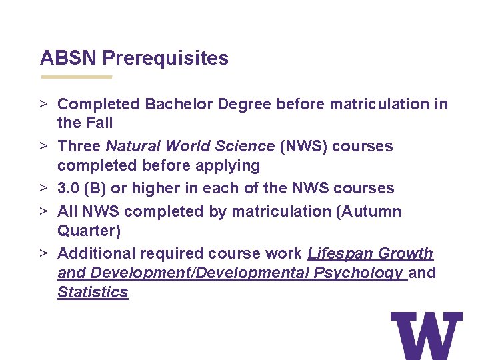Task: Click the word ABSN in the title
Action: pyautogui.click(x=69, y=58)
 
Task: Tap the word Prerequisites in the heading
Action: pyautogui.click(x=165, y=59)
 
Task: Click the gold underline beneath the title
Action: pyautogui.click(x=76, y=77)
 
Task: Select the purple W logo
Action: pyautogui.click(x=427, y=336)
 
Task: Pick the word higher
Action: pyautogui.click(x=155, y=188)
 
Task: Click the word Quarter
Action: pyautogui.click(x=86, y=230)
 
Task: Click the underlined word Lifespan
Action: pyautogui.click(x=341, y=253)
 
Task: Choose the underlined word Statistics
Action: pyautogui.click(x=93, y=292)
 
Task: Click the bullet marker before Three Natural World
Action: pyautogui.click(x=43, y=146)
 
